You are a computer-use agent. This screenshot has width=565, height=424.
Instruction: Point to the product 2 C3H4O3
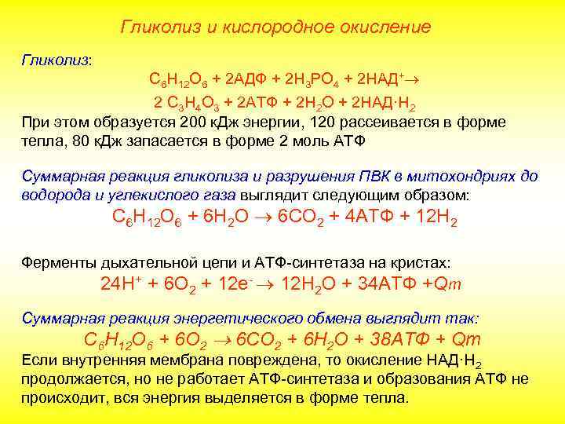pyautogui.click(x=188, y=103)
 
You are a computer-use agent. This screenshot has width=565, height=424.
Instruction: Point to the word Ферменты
pyautogui.click(x=54, y=263)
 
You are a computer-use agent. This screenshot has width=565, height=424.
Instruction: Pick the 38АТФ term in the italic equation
pyautogui.click(x=399, y=340)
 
